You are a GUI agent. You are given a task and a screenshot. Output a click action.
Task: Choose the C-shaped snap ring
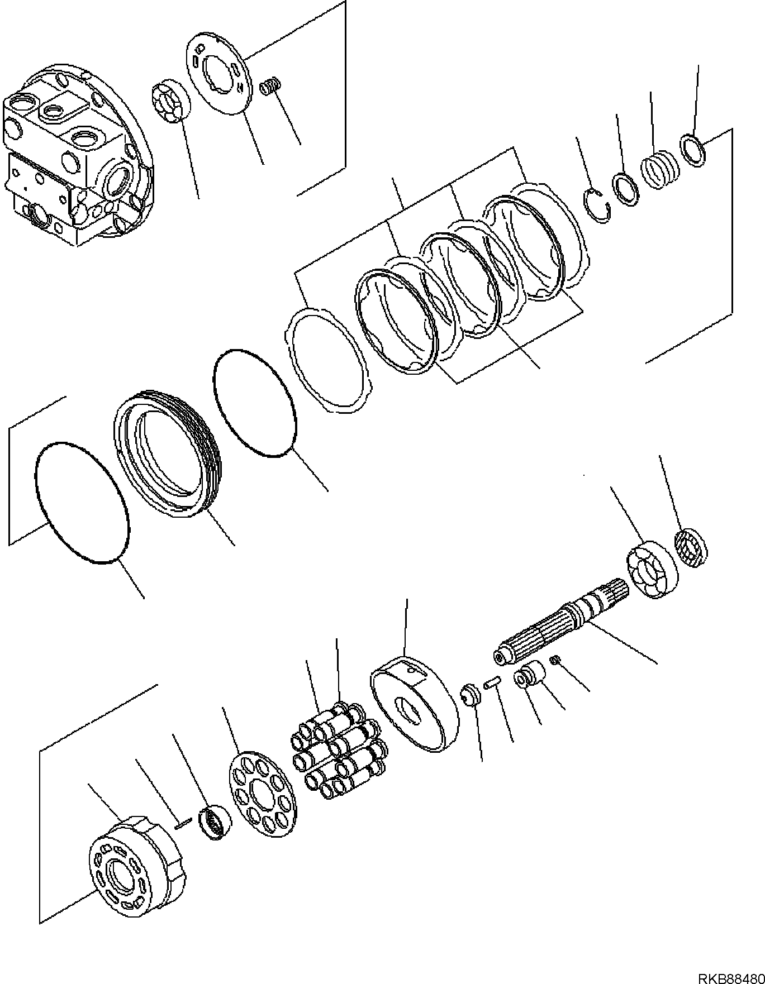coord(597,205)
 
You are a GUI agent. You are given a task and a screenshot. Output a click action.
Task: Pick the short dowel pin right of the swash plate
coord(492,683)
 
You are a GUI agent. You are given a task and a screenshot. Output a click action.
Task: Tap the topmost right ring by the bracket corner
coord(695,149)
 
